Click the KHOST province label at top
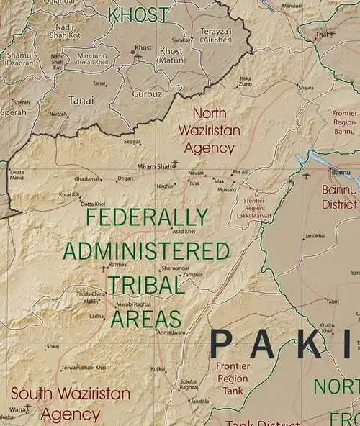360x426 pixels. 139,14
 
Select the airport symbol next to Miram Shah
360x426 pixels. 175,163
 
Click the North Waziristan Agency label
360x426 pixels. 209,130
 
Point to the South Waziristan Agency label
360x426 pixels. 71,404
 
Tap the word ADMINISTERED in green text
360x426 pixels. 146,251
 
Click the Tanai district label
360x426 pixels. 80,101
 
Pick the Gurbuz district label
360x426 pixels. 147,94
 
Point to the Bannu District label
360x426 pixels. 339,196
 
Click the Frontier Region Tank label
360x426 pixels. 233,378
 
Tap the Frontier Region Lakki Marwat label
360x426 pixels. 254,209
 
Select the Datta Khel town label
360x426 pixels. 93,204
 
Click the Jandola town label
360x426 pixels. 199,401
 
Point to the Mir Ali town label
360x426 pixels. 239,172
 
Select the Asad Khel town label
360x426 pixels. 184,231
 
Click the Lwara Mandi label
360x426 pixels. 17,175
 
